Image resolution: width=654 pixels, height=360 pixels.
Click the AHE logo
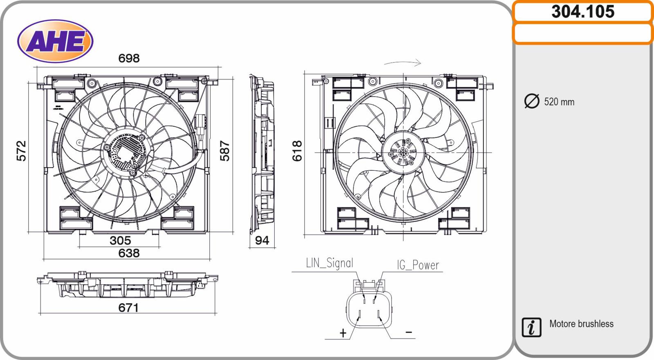coord(55,41)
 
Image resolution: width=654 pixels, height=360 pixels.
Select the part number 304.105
coord(583,12)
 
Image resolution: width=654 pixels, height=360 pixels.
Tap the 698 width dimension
coord(129,58)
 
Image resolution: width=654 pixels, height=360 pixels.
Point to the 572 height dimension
coord(21,151)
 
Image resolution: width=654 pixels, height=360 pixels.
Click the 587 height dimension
coord(225,151)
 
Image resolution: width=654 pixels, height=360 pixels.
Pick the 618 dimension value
coord(297,151)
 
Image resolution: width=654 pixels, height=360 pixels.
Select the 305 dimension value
coord(120,241)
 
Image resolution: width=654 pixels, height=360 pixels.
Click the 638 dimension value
coord(129,253)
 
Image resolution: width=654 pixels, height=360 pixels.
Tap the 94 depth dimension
coord(262,240)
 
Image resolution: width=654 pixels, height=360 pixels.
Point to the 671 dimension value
coord(128,308)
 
